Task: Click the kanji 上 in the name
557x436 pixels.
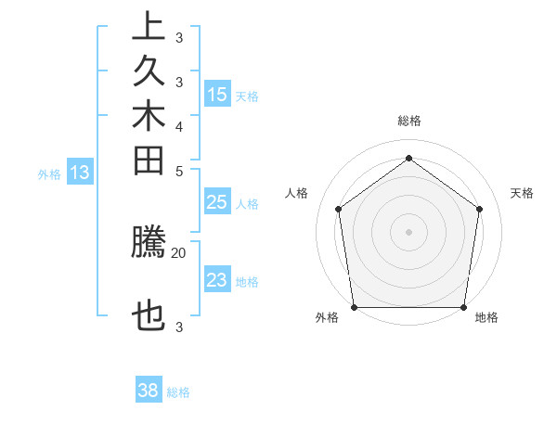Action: click(149, 26)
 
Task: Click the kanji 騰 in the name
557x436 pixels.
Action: click(149, 243)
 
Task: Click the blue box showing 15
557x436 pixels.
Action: click(217, 95)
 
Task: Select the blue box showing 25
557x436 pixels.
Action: click(217, 203)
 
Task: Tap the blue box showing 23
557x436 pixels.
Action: click(217, 281)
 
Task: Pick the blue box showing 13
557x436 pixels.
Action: click(80, 173)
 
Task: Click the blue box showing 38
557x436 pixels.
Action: click(149, 391)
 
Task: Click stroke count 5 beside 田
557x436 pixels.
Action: click(179, 171)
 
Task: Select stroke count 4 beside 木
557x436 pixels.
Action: click(179, 126)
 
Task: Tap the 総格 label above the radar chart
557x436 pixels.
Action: click(408, 121)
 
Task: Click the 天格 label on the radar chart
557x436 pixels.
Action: click(522, 193)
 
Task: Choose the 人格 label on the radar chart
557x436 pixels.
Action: click(297, 193)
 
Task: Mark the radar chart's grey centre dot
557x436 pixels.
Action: click(408, 231)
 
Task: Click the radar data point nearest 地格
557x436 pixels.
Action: click(464, 307)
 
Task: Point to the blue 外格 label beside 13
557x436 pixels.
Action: click(49, 173)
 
